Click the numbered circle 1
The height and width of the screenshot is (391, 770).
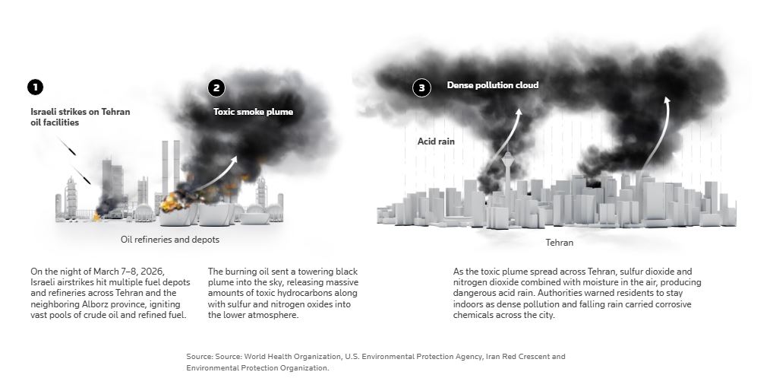pyautogui.click(x=35, y=87)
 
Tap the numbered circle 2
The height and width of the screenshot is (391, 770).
pyautogui.click(x=216, y=88)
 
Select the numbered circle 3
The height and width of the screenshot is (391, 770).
pyautogui.click(x=423, y=87)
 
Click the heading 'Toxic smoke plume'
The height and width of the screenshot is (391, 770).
pyautogui.click(x=253, y=112)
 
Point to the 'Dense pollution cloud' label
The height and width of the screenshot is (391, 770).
pyautogui.click(x=493, y=85)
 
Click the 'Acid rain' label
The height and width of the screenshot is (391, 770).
pyautogui.click(x=436, y=141)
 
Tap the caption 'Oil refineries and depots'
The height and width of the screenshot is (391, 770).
pyautogui.click(x=171, y=240)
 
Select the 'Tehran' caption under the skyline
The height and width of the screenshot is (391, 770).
pyautogui.click(x=560, y=243)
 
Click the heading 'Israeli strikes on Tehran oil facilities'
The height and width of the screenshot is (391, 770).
pyautogui.click(x=80, y=117)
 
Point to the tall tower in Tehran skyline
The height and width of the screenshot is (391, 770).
pyautogui.click(x=506, y=171)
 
